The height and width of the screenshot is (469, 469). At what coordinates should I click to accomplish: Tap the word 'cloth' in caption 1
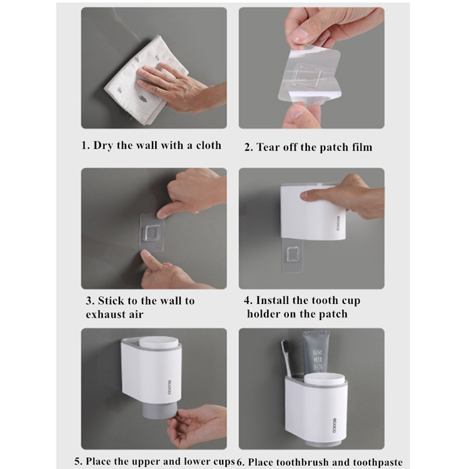click(x=208, y=145)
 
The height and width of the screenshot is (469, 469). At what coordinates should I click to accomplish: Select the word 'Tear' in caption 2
click(x=268, y=147)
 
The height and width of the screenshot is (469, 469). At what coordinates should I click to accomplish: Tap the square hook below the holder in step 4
click(x=293, y=255)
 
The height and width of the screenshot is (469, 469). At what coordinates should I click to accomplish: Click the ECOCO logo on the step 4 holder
click(x=338, y=223)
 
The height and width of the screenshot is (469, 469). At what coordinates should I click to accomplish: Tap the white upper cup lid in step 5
click(x=159, y=343)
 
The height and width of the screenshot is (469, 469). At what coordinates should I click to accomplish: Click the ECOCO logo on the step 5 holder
click(x=169, y=387)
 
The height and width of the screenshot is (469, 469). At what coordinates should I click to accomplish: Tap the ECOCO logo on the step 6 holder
click(x=334, y=425)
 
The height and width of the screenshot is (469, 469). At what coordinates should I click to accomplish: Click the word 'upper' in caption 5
click(x=146, y=462)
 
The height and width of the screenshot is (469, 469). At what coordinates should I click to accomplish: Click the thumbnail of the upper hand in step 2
click(x=298, y=36)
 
